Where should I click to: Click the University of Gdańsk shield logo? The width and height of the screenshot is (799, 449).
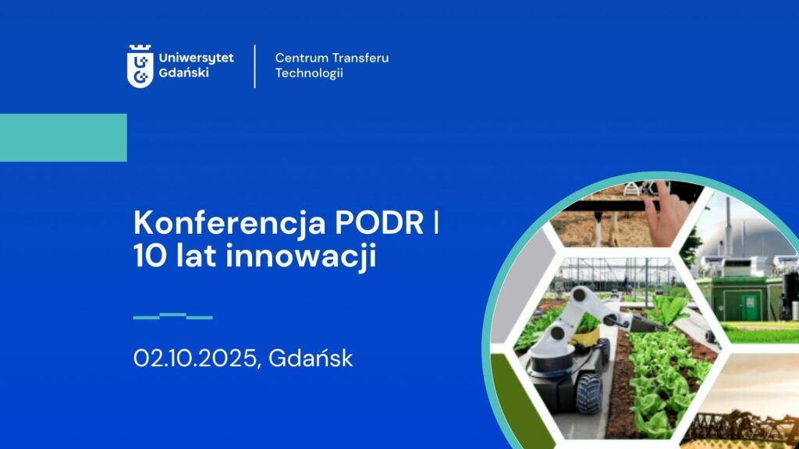point(140,66)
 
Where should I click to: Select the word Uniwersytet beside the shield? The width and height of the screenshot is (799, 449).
point(196,58)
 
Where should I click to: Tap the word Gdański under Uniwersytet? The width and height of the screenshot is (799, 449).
point(183,72)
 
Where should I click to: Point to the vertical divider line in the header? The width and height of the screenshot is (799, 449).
point(255,66)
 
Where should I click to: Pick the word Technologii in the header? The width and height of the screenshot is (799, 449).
point(309,73)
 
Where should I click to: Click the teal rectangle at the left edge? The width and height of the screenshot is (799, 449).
point(63,137)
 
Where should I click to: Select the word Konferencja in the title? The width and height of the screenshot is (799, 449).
point(230,224)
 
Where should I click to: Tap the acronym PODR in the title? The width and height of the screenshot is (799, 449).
point(379,222)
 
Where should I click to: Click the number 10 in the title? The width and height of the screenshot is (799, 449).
point(150,256)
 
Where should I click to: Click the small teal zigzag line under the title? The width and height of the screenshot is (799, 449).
point(172,316)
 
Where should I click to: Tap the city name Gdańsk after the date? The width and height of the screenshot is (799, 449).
point(311,359)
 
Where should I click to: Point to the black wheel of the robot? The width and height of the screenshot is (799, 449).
point(590,393)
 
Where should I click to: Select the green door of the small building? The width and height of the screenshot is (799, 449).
point(749,308)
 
